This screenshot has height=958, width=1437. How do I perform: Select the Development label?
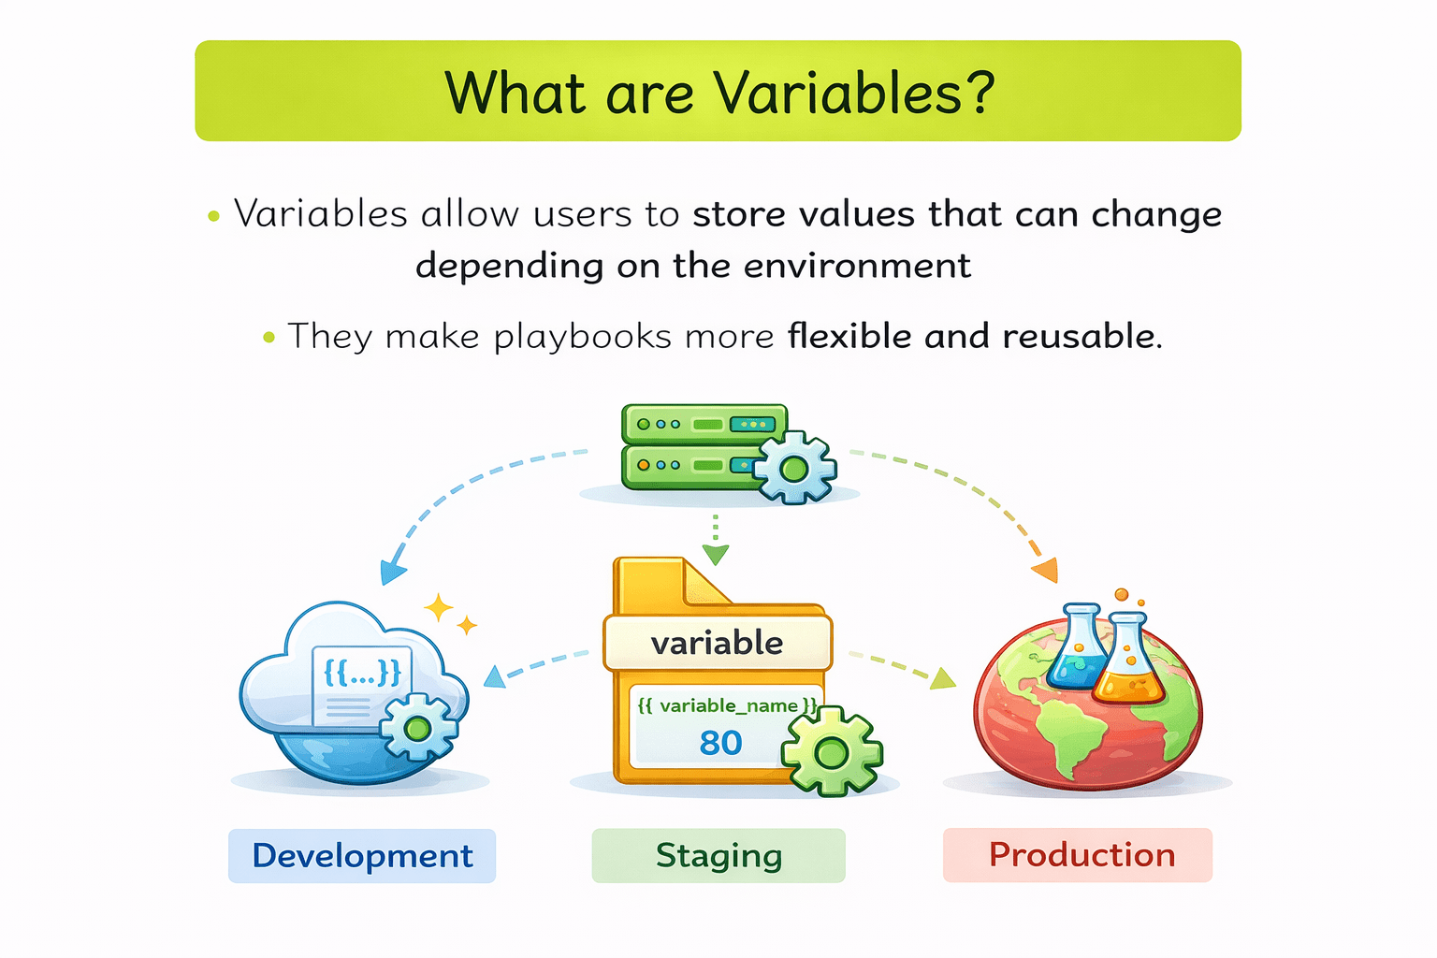[x=362, y=855]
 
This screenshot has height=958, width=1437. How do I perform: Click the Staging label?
[x=718, y=855]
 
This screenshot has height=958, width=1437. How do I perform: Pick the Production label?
[x=1078, y=855]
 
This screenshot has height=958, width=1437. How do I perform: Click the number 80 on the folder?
[x=720, y=743]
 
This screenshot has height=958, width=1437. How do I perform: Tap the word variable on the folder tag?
[x=718, y=643]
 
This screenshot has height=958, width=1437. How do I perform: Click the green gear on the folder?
[x=832, y=751]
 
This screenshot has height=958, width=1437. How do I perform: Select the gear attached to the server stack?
[x=795, y=468]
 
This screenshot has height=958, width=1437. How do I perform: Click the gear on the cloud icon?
[x=419, y=728]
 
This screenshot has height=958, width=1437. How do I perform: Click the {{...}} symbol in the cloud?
[x=362, y=673]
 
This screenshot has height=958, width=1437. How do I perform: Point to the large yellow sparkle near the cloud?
[x=439, y=608]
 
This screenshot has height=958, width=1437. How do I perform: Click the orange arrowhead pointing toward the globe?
[x=1046, y=569]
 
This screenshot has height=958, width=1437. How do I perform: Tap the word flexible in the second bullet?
[x=849, y=336]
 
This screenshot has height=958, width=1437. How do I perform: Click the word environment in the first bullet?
[x=857, y=265]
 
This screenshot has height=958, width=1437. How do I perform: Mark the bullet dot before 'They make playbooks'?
[x=269, y=337]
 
